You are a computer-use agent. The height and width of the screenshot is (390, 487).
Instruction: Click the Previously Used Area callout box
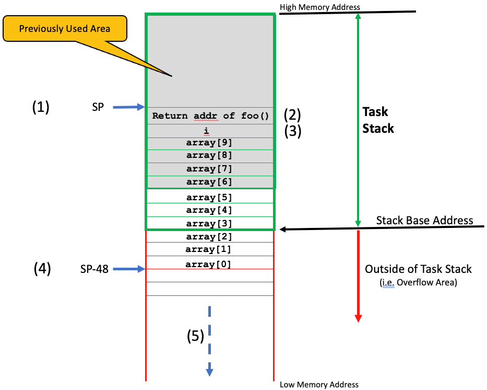[65, 28]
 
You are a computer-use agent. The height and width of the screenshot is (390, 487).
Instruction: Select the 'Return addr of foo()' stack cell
[209, 116]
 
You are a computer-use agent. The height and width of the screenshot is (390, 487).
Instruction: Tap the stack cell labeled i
[209, 131]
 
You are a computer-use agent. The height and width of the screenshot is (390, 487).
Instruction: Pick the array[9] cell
[209, 143]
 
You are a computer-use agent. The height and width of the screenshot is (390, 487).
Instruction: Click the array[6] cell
[209, 182]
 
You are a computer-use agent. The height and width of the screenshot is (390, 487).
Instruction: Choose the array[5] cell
[209, 197]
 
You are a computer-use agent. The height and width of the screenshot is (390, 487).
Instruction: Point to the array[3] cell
[209, 224]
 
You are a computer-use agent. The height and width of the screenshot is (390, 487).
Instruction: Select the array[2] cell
[209, 236]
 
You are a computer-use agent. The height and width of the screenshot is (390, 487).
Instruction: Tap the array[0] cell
[209, 263]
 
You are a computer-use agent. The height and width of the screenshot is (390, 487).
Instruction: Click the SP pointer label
[98, 107]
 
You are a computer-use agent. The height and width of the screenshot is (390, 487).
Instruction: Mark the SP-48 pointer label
[94, 269]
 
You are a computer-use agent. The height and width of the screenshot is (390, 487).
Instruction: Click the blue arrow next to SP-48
[128, 269]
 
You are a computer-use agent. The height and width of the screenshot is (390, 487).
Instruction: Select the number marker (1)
[41, 107]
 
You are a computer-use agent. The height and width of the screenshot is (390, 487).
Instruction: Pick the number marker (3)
[292, 131]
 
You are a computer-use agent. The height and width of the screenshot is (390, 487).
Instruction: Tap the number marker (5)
[196, 337]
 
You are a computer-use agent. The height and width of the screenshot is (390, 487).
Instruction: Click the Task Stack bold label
[378, 120]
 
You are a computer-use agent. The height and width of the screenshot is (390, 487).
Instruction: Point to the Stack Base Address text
[424, 220]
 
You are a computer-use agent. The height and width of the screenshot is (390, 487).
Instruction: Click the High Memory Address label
[320, 7]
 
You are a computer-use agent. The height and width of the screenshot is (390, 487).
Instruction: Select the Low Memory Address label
[319, 384]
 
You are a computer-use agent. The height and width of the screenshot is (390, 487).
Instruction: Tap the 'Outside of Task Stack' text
[418, 269]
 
